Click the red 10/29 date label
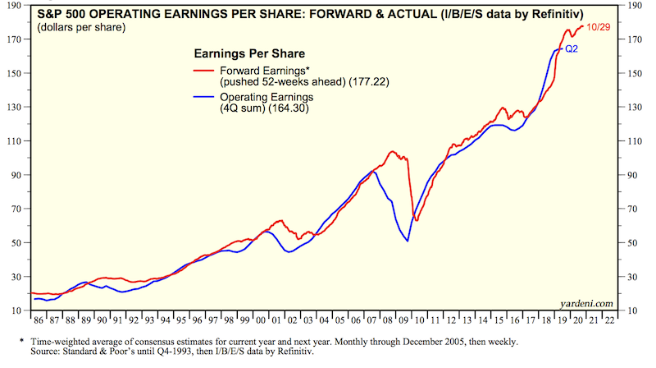[x=604, y=26]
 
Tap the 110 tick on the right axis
[x=633, y=141]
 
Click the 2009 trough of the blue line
[x=408, y=241]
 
